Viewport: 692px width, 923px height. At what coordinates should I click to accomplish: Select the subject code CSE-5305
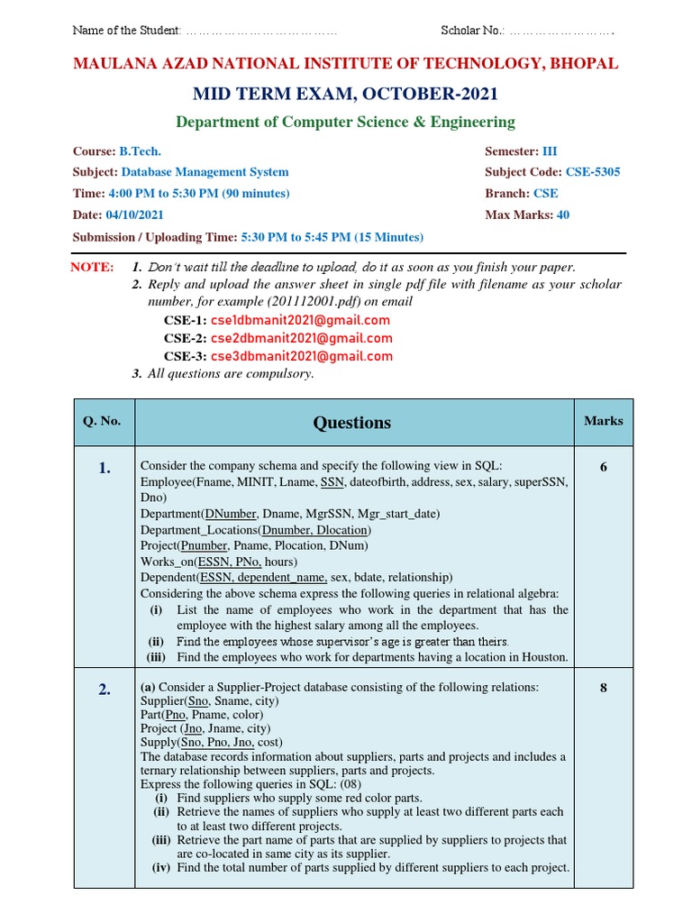pyautogui.click(x=593, y=172)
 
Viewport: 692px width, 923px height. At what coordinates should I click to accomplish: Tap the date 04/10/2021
pyautogui.click(x=135, y=215)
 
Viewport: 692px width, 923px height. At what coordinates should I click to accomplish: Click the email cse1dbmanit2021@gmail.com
pyautogui.click(x=300, y=320)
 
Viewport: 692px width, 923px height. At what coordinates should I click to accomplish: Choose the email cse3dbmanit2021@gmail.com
pyautogui.click(x=301, y=356)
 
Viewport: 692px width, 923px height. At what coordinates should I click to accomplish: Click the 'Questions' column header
pyautogui.click(x=351, y=423)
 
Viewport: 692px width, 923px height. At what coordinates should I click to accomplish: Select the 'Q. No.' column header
pyautogui.click(x=102, y=421)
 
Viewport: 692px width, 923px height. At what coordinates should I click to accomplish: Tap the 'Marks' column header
pyautogui.click(x=603, y=421)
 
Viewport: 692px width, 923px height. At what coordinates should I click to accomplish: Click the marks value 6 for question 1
pyautogui.click(x=603, y=467)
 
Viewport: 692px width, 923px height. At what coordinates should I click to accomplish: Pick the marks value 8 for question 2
pyautogui.click(x=603, y=689)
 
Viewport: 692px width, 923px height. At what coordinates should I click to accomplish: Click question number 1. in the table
pyautogui.click(x=105, y=467)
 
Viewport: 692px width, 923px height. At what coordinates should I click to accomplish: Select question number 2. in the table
pyautogui.click(x=105, y=690)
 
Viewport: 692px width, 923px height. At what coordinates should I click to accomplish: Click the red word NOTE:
pyautogui.click(x=92, y=268)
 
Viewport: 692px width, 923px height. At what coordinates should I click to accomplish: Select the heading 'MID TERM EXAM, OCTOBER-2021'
pyautogui.click(x=345, y=95)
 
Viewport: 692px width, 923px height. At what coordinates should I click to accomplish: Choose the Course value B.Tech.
pyautogui.click(x=140, y=151)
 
